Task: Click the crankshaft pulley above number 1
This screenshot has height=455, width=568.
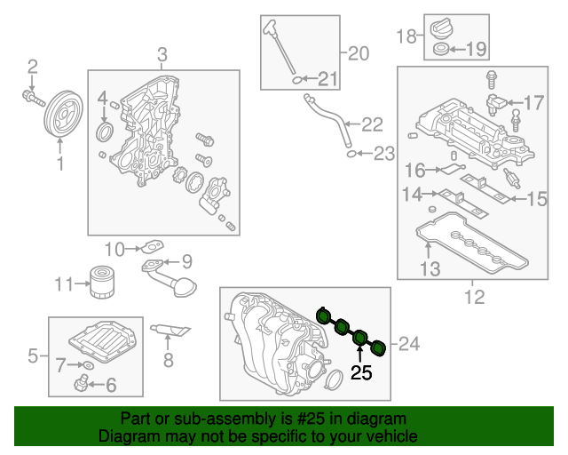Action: pyautogui.click(x=61, y=112)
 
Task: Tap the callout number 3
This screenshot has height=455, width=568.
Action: pyautogui.click(x=162, y=56)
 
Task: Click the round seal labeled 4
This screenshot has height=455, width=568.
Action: pyautogui.click(x=105, y=133)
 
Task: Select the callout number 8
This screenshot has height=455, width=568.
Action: pyautogui.click(x=168, y=360)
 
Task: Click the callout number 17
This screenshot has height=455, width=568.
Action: pyautogui.click(x=533, y=103)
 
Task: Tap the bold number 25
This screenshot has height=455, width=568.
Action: pyautogui.click(x=361, y=372)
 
